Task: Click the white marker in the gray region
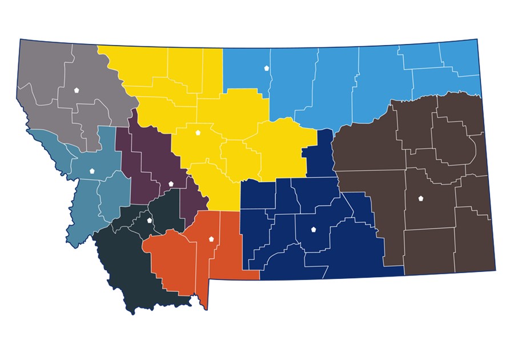point(77,90)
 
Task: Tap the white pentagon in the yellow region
point(198,133)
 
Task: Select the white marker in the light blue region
point(266,68)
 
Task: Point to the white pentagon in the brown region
point(421,198)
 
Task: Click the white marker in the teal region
point(92,170)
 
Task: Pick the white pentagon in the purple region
point(171,183)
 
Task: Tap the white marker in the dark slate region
point(150,220)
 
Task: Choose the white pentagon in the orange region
point(211,239)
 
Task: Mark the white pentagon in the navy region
point(314,230)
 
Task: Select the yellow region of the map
point(228,114)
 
